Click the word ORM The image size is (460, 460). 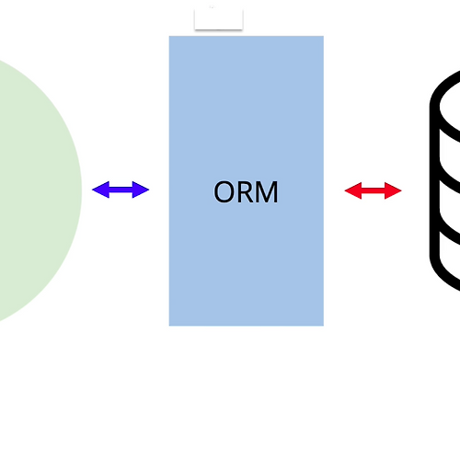point(246,192)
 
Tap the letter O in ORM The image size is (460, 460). point(224,192)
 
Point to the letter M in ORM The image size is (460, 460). point(267,192)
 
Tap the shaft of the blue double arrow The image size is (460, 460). point(121,190)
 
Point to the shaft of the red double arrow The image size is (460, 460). point(374,190)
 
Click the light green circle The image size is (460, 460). point(30,190)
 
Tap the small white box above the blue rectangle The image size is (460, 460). point(219,19)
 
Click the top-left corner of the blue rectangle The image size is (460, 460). point(169,36)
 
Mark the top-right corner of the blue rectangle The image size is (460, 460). point(324,36)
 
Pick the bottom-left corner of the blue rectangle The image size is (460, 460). point(169,326)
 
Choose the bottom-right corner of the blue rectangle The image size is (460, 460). point(324,326)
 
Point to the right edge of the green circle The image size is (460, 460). point(82,190)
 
